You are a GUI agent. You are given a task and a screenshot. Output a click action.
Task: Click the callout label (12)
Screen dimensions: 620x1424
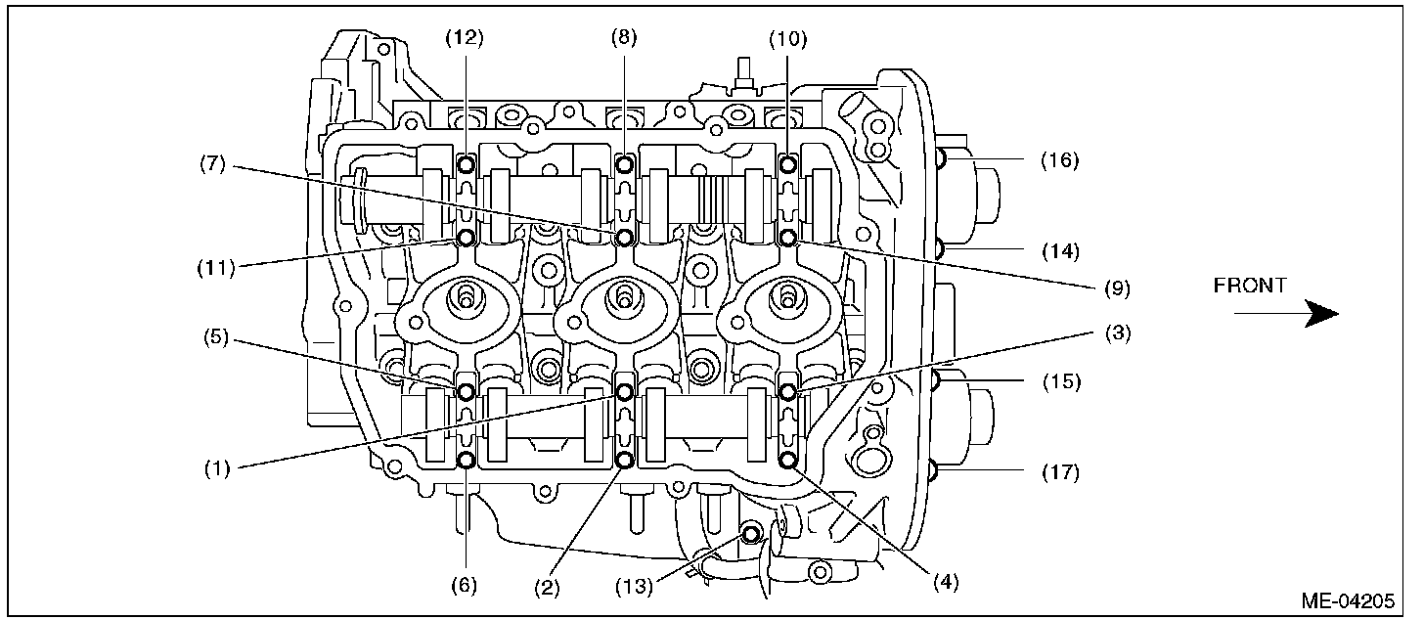tap(465, 39)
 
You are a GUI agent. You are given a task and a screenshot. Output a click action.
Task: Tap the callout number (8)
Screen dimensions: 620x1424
tap(624, 39)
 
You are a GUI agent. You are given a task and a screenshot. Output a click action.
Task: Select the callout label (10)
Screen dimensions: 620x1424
tap(787, 39)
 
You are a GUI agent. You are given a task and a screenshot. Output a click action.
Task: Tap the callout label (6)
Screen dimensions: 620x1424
tap(464, 585)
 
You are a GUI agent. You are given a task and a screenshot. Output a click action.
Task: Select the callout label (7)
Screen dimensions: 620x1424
tap(217, 165)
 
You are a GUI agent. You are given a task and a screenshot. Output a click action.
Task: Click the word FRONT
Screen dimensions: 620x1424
tap(1250, 287)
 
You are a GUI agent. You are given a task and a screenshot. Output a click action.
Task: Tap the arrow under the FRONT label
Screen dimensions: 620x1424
tap(1285, 314)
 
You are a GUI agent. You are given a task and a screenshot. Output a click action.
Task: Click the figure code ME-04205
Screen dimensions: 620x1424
tap(1350, 600)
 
